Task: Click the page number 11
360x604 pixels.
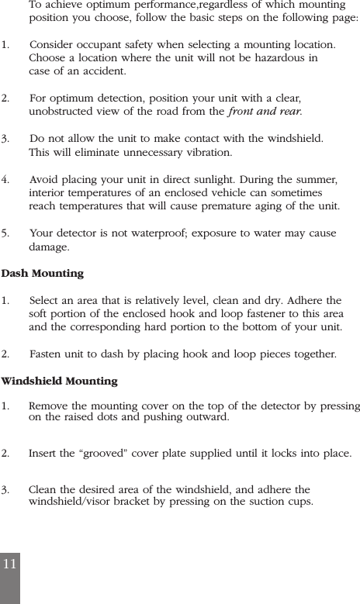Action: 9,564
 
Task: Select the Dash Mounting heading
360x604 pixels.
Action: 43,274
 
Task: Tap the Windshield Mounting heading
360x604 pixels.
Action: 60,381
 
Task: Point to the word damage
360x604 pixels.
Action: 48,247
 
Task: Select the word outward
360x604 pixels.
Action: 207,418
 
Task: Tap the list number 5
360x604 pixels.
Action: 5,233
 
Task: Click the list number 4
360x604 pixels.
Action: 5,179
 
